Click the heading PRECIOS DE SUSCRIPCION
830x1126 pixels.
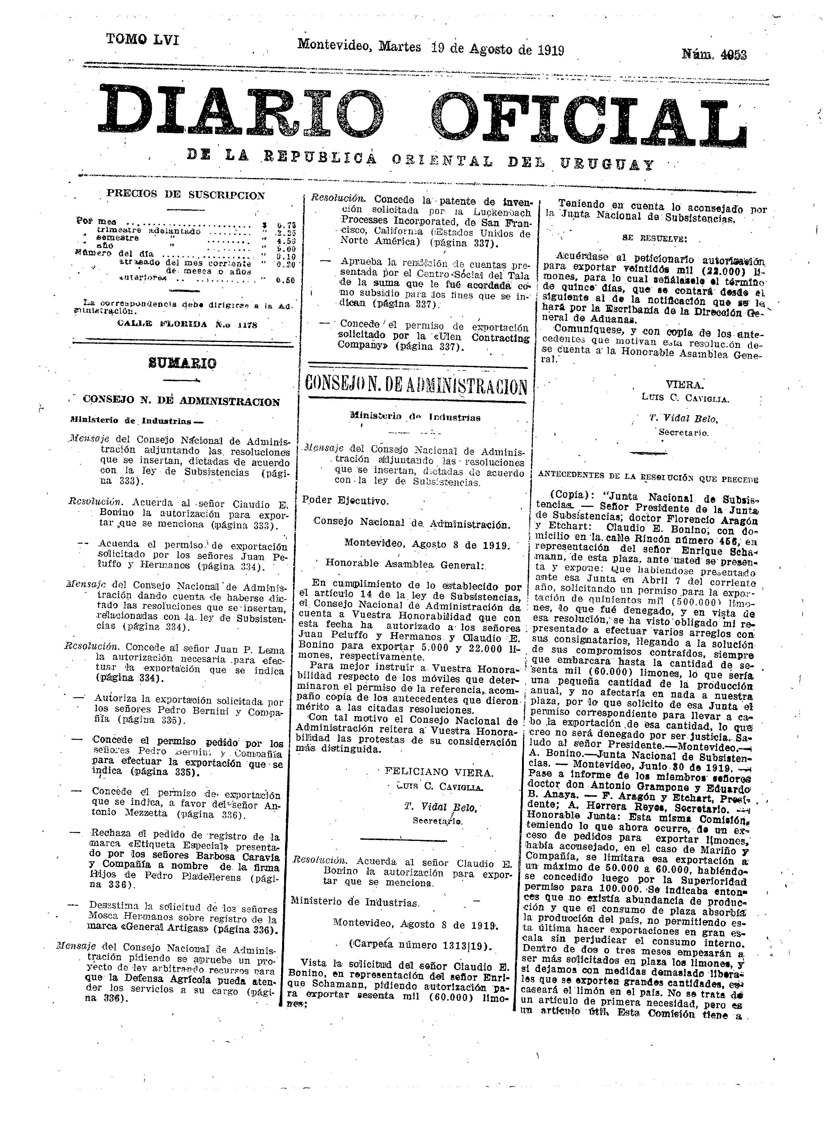pos(185,195)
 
